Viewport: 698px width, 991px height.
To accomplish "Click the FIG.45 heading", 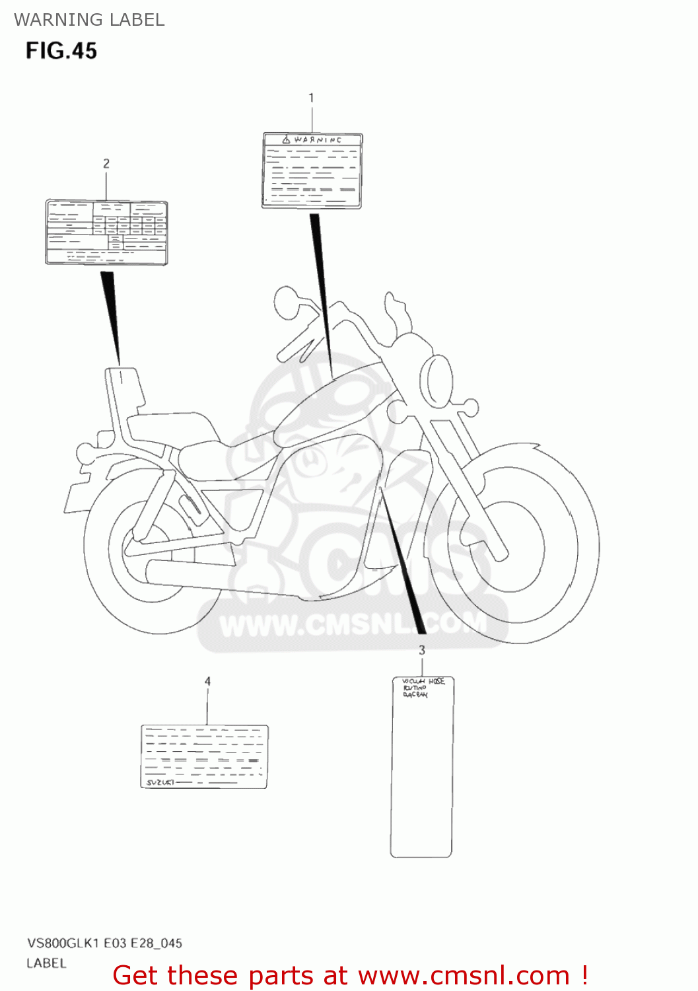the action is [x=61, y=51].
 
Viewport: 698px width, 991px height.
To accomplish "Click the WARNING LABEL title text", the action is [x=89, y=20].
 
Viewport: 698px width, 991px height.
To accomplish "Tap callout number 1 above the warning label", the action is [x=311, y=98].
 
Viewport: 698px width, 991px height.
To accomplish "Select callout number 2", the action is [x=106, y=163].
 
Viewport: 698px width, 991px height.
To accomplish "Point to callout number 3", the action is [x=422, y=650].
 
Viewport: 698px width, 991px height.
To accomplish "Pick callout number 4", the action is [x=207, y=681].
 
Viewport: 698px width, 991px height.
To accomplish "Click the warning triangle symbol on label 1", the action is [x=286, y=140].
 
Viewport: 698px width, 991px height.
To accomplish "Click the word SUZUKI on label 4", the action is [x=160, y=782].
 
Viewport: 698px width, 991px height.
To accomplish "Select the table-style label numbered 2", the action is [x=106, y=233].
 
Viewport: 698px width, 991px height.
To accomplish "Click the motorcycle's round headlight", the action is [x=436, y=382].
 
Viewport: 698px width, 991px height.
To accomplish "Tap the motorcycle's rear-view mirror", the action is [x=287, y=302].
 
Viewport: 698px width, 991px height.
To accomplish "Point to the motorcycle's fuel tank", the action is [x=330, y=403].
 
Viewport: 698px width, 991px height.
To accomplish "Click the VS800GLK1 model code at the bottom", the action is [x=63, y=943].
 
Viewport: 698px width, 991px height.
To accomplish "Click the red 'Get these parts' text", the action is [x=350, y=976].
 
